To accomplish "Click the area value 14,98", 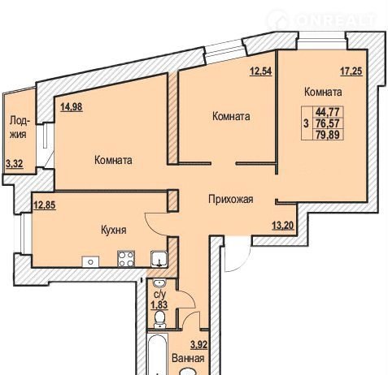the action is click(72, 107).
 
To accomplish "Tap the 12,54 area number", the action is click(260, 71).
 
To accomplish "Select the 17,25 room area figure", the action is click(351, 71).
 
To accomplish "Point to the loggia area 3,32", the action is click(15, 164).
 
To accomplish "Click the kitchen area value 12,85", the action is click(45, 205).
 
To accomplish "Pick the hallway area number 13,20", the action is click(283, 225).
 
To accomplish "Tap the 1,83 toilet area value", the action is click(159, 305).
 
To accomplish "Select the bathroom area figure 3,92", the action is click(199, 345).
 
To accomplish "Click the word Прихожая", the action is click(231, 200).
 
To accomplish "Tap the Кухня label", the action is click(114, 231).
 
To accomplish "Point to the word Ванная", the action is click(188, 359).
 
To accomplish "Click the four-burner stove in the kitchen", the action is click(126, 259).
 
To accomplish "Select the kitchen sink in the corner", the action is click(159, 259).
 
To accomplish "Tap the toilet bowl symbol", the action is click(159, 319).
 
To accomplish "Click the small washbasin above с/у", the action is click(159, 284).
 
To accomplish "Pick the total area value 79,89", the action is click(328, 134).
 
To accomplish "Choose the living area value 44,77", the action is click(329, 111).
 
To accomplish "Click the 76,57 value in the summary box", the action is click(328, 123).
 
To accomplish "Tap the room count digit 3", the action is click(307, 123).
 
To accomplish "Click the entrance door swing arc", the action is click(242, 263).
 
